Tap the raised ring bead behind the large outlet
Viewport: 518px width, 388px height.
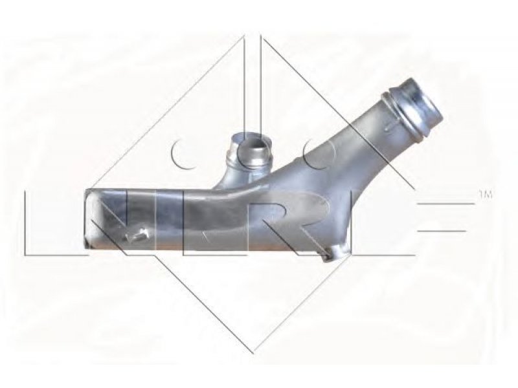coord(400,118)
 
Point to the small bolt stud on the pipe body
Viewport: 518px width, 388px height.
coord(136,235)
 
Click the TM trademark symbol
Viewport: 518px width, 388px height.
coord(485,195)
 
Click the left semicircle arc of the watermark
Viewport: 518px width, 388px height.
coord(180,153)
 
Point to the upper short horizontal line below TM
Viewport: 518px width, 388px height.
coord(446,204)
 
